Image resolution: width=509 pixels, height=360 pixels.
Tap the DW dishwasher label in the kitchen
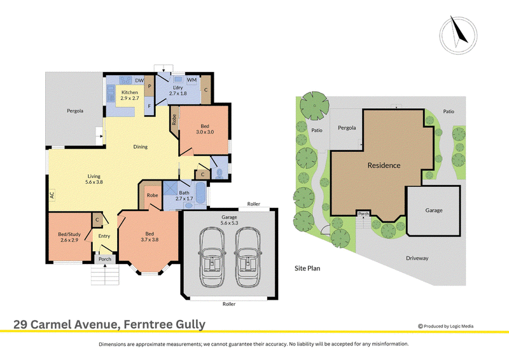click(139, 81)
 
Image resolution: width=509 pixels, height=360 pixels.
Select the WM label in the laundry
click(192, 80)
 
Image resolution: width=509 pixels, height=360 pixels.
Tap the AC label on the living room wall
click(52, 195)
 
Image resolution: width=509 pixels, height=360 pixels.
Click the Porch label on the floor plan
click(105, 259)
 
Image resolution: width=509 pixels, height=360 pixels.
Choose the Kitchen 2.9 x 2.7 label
click(130, 95)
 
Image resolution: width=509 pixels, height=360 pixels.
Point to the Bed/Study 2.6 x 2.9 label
click(69, 237)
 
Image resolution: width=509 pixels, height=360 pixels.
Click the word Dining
click(140, 147)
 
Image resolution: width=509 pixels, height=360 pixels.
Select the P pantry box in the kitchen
click(150, 86)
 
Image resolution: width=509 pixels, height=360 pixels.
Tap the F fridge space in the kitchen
click(150, 106)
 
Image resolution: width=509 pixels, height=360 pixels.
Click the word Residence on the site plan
click(384, 165)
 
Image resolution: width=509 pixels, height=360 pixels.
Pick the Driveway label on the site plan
click(417, 258)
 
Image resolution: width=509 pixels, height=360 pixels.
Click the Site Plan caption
click(307, 268)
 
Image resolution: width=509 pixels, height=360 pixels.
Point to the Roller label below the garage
click(229, 304)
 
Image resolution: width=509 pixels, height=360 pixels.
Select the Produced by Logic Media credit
click(446, 326)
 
